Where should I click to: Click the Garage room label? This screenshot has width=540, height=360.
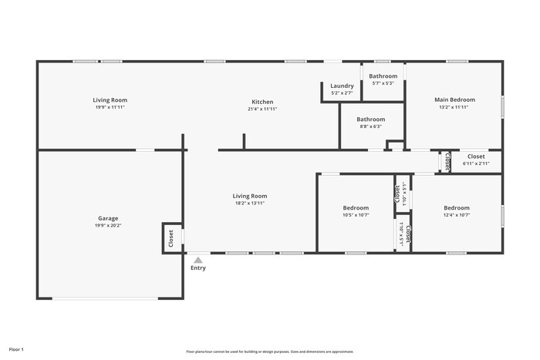[x=108, y=218]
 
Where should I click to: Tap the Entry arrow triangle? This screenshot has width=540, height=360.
[x=198, y=260]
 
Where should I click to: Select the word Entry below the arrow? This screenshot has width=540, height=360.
[x=198, y=268]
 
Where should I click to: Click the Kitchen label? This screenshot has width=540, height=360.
[x=262, y=102]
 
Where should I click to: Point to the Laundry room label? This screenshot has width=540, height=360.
[x=342, y=86]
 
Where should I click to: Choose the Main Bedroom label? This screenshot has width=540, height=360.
[x=454, y=99]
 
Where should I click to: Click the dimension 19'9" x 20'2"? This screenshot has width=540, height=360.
[x=108, y=226]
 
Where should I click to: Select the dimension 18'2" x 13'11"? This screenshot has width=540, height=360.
[x=251, y=204]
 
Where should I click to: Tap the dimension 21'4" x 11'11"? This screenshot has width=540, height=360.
[x=262, y=109]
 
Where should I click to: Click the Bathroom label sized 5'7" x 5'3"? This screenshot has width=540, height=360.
[x=383, y=76]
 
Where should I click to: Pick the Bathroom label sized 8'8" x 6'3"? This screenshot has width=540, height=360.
[x=370, y=119]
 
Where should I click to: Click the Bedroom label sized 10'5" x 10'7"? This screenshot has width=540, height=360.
[x=356, y=208]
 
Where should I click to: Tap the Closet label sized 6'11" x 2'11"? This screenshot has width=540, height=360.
[x=476, y=156]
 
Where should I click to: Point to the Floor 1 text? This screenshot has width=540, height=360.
[x=16, y=350]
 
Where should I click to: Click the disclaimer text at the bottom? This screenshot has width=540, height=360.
[x=269, y=352]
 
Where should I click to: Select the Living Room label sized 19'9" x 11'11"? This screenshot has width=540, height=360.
[x=110, y=100]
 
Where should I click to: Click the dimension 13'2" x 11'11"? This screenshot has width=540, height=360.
[x=454, y=107]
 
